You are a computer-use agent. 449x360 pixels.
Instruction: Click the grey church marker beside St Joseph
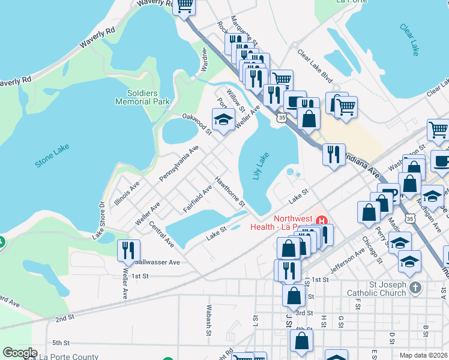(415, 289)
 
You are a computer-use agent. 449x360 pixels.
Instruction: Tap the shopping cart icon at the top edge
(184, 5)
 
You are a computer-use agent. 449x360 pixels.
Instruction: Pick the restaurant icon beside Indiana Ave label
(333, 154)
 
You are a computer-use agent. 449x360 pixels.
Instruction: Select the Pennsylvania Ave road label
(179, 163)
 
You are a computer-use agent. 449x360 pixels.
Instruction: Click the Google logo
(20, 353)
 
